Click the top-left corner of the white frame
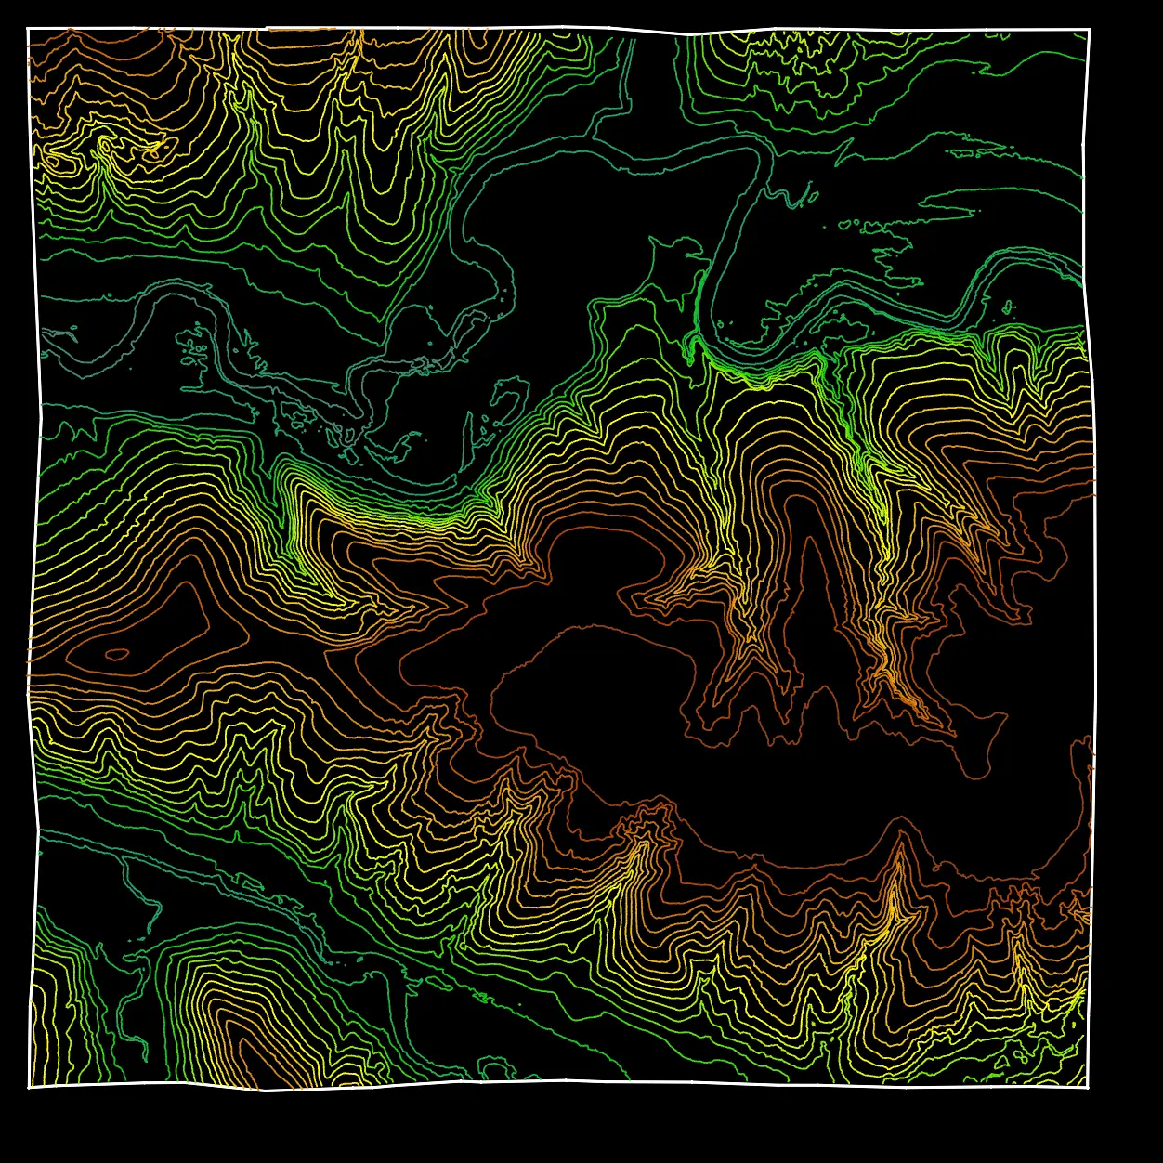(29, 29)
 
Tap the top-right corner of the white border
(1089, 30)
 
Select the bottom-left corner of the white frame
(29, 1086)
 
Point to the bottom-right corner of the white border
(1088, 1086)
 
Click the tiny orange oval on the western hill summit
(117, 654)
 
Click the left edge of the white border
(37, 557)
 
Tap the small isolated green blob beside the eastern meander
(1007, 307)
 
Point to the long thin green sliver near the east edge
(957, 200)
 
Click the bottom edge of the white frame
(557, 1081)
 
